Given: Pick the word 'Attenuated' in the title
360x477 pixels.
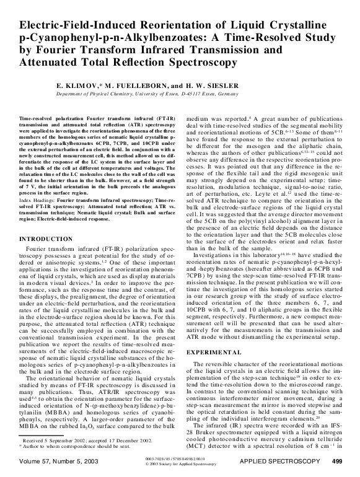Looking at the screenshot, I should click(x=55, y=63).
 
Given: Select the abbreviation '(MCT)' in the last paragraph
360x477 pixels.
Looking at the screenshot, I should click(x=204, y=458).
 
